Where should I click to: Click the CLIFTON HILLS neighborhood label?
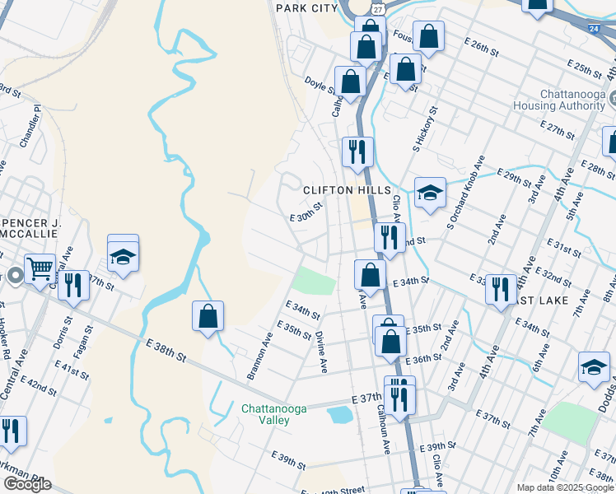click(347, 189)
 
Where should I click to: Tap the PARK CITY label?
click(307, 7)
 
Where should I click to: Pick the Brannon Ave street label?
click(259, 357)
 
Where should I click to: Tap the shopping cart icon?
click(40, 268)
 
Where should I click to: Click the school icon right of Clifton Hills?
click(430, 193)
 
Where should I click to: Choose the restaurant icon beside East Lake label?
click(501, 289)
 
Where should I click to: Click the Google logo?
click(27, 484)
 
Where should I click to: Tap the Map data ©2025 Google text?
click(565, 487)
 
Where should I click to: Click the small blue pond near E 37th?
click(339, 415)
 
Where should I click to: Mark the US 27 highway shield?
click(376, 7)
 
